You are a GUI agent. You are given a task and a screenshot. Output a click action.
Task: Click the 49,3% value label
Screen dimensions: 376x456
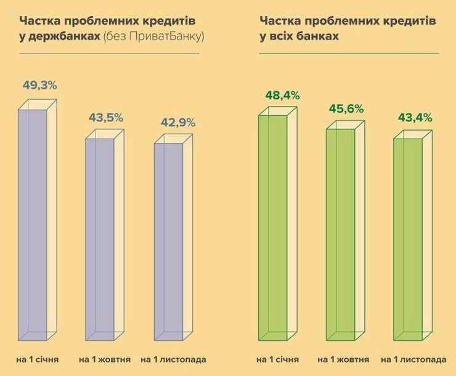(39, 86)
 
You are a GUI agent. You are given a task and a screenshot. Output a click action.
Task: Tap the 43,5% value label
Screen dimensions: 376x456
(106, 117)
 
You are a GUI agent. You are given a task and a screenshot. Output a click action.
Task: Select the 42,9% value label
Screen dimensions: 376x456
(177, 122)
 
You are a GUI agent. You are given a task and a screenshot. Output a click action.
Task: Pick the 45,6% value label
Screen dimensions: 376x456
(346, 108)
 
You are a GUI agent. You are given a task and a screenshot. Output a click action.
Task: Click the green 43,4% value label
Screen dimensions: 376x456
(414, 118)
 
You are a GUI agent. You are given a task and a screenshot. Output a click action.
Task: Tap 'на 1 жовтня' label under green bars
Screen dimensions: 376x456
(343, 359)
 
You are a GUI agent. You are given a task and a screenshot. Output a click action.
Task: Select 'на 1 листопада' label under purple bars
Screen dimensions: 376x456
(173, 359)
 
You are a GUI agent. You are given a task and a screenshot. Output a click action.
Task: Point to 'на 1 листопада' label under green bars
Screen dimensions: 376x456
(413, 359)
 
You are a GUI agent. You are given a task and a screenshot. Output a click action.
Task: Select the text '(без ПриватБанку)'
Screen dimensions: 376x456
(153, 37)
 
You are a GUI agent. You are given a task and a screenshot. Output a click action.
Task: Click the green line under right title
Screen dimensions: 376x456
(349, 54)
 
